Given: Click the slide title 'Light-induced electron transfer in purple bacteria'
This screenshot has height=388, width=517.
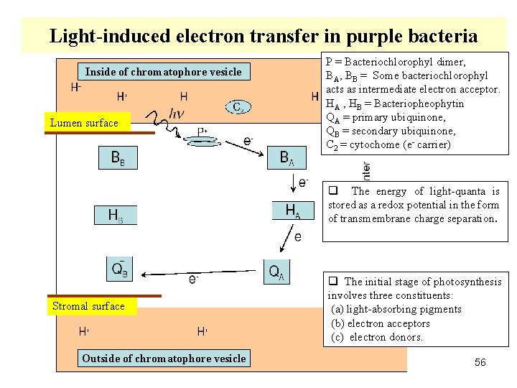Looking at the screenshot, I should pos(263,35).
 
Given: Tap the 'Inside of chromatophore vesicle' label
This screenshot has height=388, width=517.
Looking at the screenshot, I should pos(164,71).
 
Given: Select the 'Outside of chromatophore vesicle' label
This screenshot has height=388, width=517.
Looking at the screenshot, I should pos(164,358).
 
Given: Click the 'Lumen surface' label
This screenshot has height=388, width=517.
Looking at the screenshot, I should pos(84,123).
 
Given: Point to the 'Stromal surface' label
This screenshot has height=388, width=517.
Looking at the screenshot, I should pos(88,306).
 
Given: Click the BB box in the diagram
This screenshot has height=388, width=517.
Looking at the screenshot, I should pos(117,158).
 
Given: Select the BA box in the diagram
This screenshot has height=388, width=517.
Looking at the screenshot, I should pos(287,158).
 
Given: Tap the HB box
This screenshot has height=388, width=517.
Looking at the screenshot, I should pos(116,215).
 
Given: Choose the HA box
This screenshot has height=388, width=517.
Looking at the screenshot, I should pos(293,211).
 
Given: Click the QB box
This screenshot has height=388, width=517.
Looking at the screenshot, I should pos(120,269).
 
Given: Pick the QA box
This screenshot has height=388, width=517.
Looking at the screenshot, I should pos(276,271).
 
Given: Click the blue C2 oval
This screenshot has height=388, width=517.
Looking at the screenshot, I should pos(238,107).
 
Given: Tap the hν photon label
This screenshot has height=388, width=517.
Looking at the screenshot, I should pos(177,113).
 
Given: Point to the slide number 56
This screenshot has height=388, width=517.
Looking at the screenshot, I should pos(480,362).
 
